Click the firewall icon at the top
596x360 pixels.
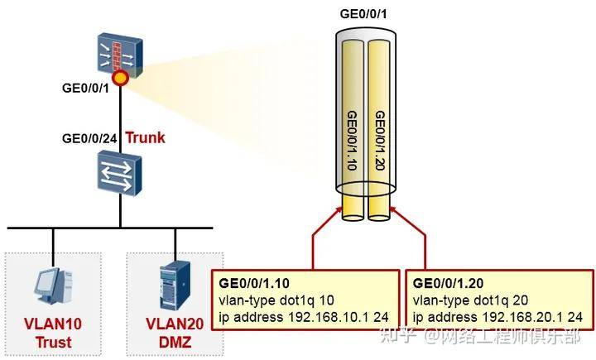(x=120, y=54)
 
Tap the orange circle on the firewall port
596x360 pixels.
(x=120, y=78)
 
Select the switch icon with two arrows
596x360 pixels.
(x=119, y=173)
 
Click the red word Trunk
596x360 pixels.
(x=145, y=137)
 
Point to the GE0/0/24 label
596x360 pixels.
(x=89, y=138)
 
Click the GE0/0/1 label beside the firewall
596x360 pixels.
(x=85, y=89)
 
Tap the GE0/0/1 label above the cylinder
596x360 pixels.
(x=363, y=14)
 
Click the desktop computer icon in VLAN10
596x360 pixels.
(x=54, y=286)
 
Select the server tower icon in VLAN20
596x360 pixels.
(x=175, y=286)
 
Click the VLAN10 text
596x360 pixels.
(x=53, y=324)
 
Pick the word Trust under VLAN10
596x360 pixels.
(x=53, y=342)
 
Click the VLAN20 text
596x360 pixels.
(x=175, y=324)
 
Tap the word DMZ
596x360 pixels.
(x=175, y=342)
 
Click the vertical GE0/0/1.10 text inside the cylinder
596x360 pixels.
(x=352, y=141)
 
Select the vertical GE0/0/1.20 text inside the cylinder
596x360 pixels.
(x=380, y=141)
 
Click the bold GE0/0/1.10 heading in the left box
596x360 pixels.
(x=254, y=283)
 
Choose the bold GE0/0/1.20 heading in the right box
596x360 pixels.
(x=448, y=283)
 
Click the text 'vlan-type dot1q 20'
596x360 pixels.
(x=470, y=300)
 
